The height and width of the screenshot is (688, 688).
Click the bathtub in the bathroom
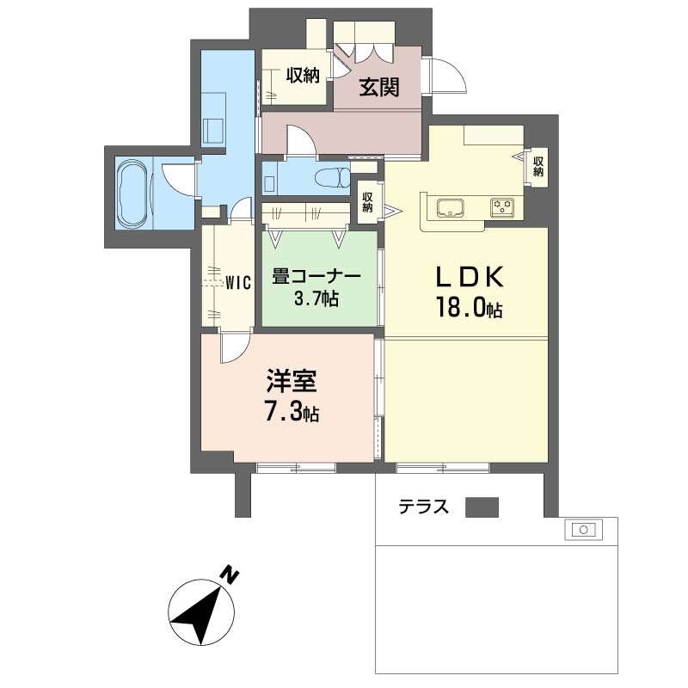pos(134,193)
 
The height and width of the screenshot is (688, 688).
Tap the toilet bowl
pos(333,178)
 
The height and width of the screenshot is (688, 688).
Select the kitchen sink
pos(450,207)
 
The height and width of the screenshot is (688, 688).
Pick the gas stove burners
pos(502,207)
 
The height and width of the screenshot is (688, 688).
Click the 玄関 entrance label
pos(379,87)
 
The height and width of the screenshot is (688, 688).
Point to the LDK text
pos(469,277)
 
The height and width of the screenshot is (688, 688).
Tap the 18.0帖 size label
pos(469,307)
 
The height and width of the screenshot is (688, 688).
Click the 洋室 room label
pos(292,381)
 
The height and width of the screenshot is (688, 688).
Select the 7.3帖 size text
pos(292,413)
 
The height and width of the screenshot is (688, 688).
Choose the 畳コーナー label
pos(316,277)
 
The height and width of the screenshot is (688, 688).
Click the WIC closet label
pos(238,283)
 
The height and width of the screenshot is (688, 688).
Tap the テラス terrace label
pos(423,507)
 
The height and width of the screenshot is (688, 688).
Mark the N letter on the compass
pos(229,575)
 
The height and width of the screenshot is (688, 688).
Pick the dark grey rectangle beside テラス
pos(482,507)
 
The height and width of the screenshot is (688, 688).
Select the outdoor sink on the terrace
pos(583,530)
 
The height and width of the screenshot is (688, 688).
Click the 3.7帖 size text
pos(316,299)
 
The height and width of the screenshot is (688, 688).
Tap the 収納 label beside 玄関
pos(303,76)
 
